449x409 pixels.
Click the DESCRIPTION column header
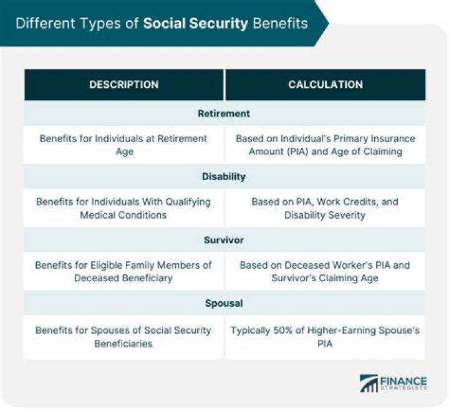123,85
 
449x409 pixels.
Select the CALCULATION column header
325,85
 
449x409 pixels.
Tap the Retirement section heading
224,113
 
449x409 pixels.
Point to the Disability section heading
224,176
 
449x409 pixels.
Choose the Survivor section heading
224,239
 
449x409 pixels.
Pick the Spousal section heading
224,304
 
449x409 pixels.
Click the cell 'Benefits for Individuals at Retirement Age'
123,145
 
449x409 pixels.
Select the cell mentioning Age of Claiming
325,145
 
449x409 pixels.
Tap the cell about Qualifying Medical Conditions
123,208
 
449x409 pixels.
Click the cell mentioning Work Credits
325,208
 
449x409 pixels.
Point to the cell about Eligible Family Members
123,271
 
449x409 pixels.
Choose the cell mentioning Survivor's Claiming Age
325,271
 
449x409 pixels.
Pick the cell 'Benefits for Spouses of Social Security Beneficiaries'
123,336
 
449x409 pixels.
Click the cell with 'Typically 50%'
325,336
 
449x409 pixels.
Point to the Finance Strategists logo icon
369,383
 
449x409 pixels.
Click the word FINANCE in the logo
404,380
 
